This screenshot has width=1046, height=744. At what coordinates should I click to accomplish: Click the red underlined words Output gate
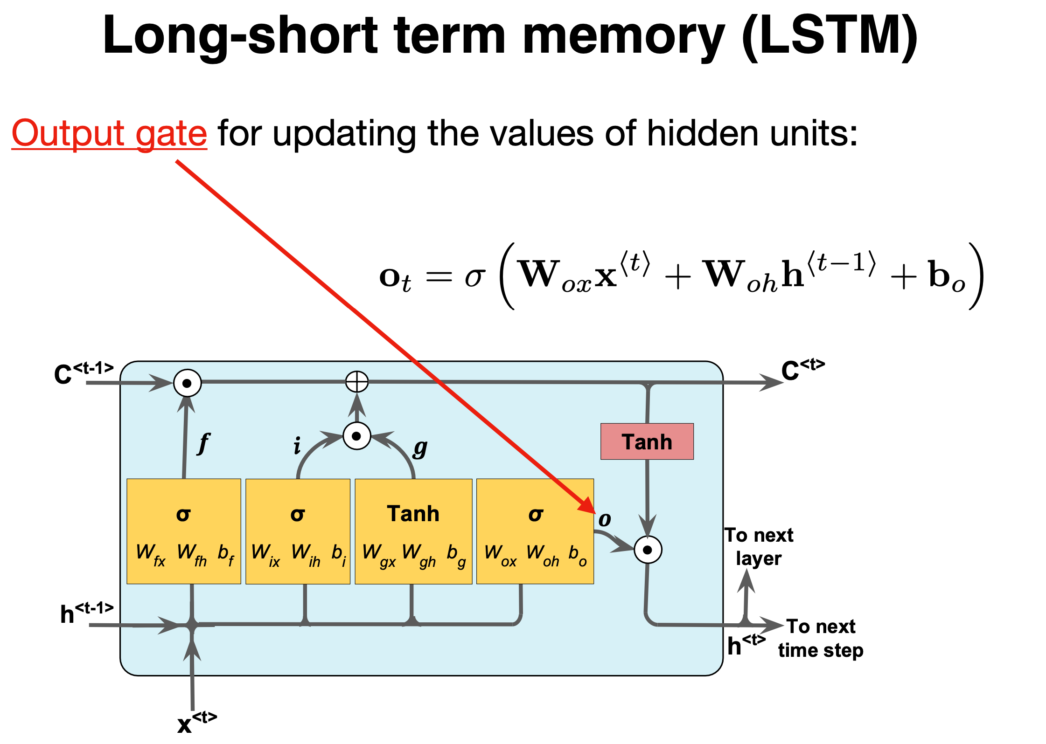tap(109, 134)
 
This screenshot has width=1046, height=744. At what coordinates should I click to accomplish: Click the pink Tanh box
tap(647, 441)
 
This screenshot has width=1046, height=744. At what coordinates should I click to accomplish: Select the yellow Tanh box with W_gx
tap(413, 531)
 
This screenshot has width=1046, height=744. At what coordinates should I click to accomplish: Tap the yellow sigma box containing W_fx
tap(184, 531)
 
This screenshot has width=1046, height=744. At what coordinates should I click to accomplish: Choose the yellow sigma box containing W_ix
tap(298, 531)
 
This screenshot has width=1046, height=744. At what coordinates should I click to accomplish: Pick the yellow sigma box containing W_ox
tap(535, 531)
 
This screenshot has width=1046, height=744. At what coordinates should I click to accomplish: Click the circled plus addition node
tap(357, 382)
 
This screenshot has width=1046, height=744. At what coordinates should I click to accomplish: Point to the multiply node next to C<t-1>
tap(187, 383)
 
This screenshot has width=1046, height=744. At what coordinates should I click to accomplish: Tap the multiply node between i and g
tap(357, 436)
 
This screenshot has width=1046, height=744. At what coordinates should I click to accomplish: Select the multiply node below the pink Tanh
tap(648, 550)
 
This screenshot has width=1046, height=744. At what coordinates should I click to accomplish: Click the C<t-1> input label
tap(83, 373)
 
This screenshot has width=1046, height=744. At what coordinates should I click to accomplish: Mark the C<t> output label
tap(802, 369)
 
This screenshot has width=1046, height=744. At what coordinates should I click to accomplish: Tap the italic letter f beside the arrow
tap(204, 443)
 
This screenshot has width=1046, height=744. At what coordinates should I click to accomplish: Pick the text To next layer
tap(759, 546)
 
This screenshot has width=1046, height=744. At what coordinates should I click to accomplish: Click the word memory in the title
tap(623, 36)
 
